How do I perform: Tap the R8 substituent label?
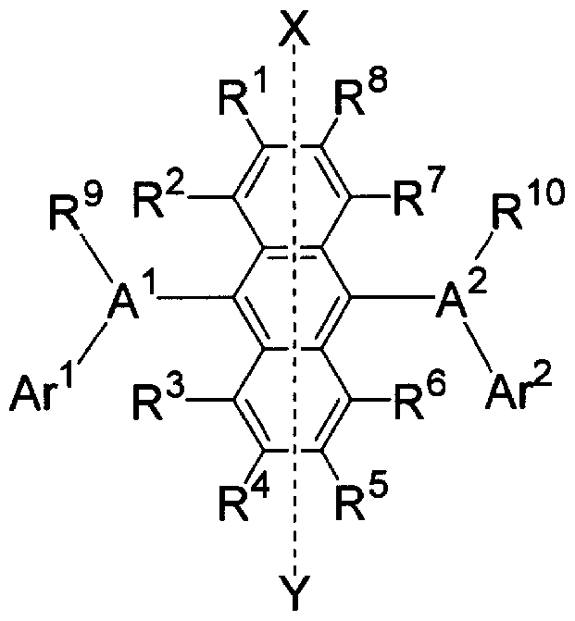coord(359,94)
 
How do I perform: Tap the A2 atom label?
coord(460,297)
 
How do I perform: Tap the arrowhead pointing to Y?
coord(294,570)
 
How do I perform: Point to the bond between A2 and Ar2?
coord(479,345)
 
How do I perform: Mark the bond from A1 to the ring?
coord(195,297)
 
